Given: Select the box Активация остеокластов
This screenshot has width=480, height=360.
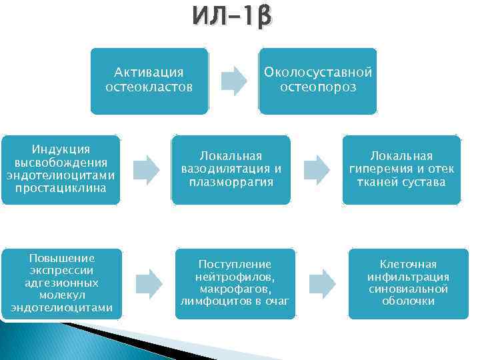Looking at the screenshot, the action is coord(149,81).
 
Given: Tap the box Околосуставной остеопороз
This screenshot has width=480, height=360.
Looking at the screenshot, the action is coord(317,81).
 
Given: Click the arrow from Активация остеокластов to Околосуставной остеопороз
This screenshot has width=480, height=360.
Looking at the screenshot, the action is coord(233,80).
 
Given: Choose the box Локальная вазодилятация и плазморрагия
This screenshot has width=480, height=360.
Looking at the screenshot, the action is coord(231,169).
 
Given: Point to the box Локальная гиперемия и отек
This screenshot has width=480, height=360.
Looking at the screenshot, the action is coord(401,169).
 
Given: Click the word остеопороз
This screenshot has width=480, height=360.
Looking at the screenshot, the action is coord(318,87).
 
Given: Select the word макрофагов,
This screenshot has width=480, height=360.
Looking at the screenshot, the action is coord(234,289).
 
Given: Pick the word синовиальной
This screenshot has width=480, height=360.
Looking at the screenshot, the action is coord(408,289).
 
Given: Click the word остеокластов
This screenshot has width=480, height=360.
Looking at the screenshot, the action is coord(149,87).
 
